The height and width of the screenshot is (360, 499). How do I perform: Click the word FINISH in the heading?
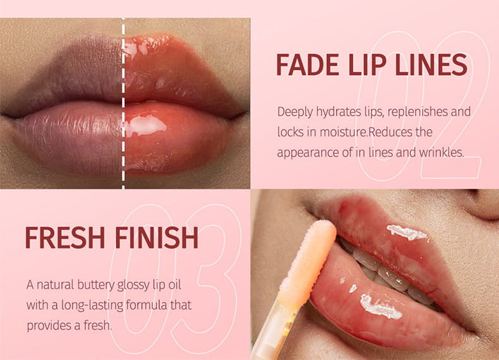(x=156, y=237)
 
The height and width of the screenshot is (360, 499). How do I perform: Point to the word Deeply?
(x=296, y=112)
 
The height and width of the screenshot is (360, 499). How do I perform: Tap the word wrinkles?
(x=440, y=152)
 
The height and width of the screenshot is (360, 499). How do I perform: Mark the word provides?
(x=50, y=325)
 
